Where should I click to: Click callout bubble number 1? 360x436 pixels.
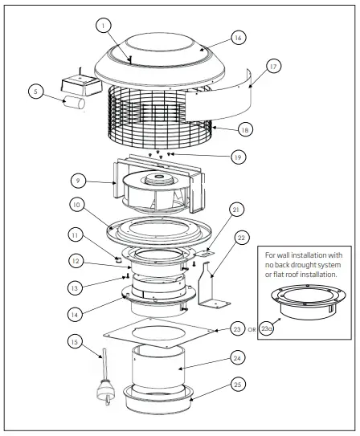pyautogui.click(x=104, y=25)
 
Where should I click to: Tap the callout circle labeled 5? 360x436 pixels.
pyautogui.click(x=35, y=92)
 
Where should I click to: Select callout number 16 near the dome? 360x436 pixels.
pyautogui.click(x=237, y=38)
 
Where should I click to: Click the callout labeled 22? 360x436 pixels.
pyautogui.click(x=242, y=238)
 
